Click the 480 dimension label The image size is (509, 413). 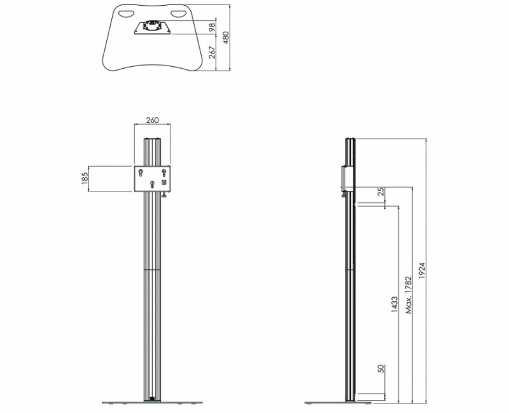pos(226,38)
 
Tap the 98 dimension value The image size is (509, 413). pos(212,27)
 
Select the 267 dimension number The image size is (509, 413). pos(212,52)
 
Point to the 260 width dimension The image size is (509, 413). pos(152,120)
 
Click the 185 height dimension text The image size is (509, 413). pos(85,178)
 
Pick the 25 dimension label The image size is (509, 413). pos(381,192)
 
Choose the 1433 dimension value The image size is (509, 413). pos(394,304)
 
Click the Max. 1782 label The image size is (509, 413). pos(408,295)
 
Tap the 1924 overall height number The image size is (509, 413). pos(421,270)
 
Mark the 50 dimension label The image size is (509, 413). pos(380,368)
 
